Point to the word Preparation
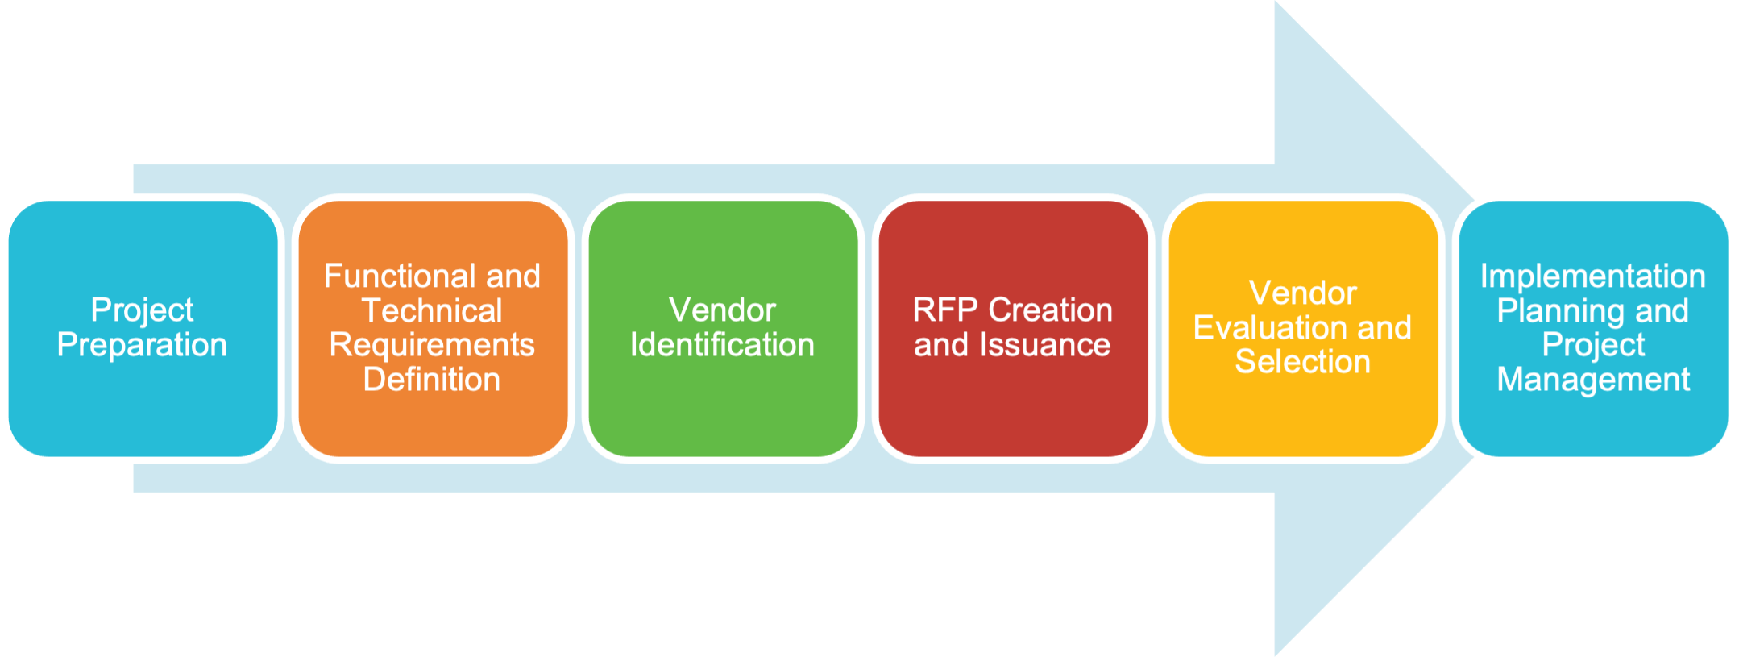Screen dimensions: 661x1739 tap(142, 345)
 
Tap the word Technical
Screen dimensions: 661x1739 tap(432, 311)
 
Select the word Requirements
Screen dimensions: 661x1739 tap(432, 345)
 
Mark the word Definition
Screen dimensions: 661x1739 tap(432, 380)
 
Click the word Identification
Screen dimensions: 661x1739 tap(722, 345)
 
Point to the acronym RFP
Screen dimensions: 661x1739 tap(945, 310)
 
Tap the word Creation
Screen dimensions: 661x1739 tap(1051, 310)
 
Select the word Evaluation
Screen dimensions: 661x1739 tap(1271, 328)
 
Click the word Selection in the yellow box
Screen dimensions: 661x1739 tap(1303, 362)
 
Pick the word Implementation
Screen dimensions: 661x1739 tap(1593, 276)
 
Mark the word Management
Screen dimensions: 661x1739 tap(1593, 380)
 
